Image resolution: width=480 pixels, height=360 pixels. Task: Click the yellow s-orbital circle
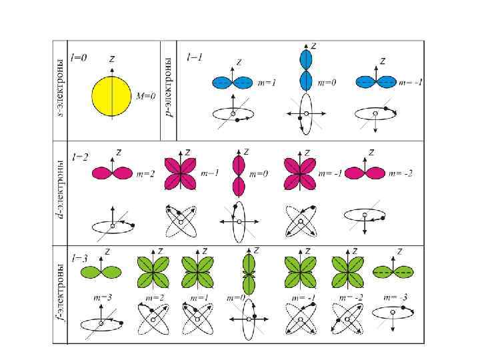(111, 95)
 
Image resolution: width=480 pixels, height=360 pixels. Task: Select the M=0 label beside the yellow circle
(145, 96)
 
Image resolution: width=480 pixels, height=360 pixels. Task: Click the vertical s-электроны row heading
(61, 90)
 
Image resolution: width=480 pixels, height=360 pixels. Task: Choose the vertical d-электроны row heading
(61, 189)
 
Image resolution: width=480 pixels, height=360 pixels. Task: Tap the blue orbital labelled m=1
(233, 83)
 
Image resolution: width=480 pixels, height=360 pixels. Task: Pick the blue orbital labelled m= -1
(375, 83)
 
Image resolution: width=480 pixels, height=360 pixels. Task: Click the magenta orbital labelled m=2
(112, 173)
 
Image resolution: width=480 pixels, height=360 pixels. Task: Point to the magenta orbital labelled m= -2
(365, 173)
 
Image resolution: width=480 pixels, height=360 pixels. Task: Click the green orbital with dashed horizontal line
(393, 273)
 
